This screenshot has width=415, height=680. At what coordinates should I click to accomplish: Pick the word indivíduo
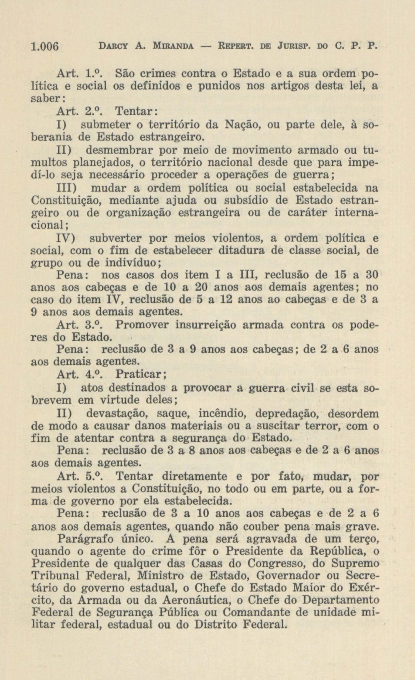[131, 263]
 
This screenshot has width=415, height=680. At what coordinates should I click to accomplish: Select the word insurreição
[205, 325]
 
